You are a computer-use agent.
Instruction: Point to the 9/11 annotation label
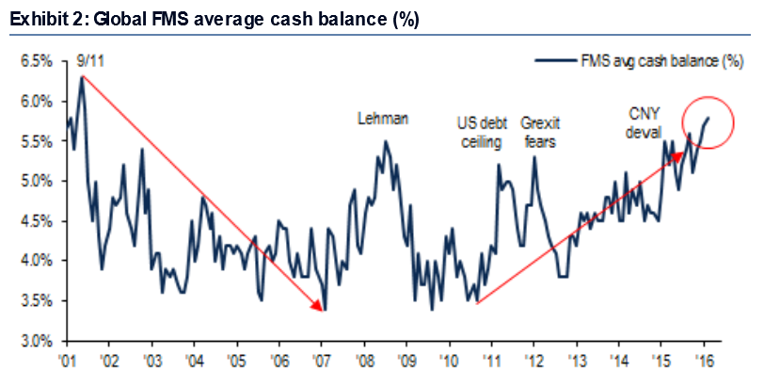(88, 63)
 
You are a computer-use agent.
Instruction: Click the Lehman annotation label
(382, 119)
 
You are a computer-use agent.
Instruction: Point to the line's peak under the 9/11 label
(82, 77)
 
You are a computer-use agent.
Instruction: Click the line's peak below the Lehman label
(386, 142)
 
